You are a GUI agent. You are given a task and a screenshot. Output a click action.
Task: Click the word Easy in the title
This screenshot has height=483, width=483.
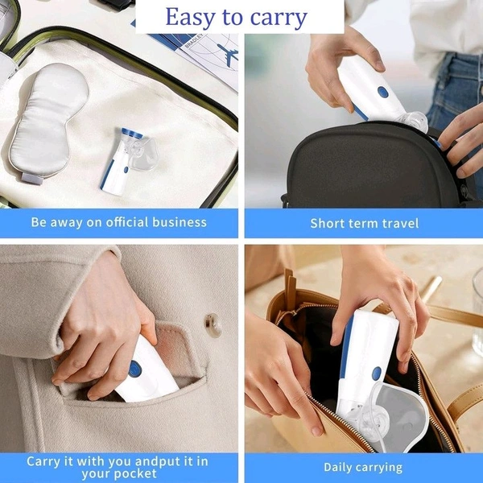pos(190,17)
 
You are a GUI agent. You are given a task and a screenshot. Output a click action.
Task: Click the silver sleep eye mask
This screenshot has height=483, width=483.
pos(48,122)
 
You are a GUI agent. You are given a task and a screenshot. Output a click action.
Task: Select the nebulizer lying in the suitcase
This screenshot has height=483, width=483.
pos(129,160)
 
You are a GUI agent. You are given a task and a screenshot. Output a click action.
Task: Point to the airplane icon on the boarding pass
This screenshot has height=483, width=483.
pos(228,54)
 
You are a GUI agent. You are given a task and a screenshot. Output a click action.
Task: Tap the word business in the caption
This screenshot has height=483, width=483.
pos(180,222)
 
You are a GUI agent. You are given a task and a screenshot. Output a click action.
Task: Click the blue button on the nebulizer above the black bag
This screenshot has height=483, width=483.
pos(382,92)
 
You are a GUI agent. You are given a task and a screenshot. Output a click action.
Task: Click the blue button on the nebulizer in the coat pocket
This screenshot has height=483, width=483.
pos(135,369)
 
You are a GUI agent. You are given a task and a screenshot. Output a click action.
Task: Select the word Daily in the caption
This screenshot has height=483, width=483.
pos(337,468)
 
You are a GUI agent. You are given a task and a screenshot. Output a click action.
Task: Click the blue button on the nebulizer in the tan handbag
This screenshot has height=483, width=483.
pos(376,374)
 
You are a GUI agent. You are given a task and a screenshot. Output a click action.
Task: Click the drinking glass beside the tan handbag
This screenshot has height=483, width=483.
pos(477,311)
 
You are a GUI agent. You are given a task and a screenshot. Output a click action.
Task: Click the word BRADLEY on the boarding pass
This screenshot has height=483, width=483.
pos(194,41)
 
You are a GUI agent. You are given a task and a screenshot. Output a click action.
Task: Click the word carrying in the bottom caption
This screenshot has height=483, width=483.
pos(378,469)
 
